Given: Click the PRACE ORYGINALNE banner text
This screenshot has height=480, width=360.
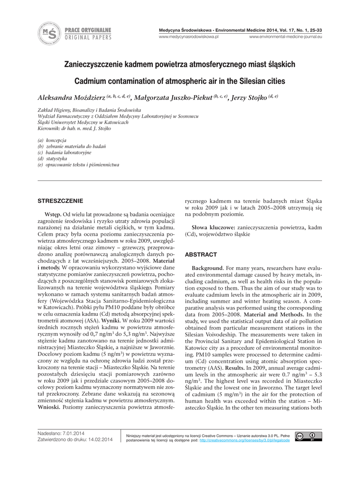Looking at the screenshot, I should click(x=88, y=30).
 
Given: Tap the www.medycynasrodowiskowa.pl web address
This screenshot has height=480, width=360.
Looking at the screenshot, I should click(x=189, y=37).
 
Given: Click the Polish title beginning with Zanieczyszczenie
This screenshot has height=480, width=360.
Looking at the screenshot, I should click(x=180, y=64).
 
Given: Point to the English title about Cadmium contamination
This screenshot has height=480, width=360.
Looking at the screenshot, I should click(x=180, y=81).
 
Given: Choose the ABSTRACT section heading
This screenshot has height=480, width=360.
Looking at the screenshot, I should click(x=201, y=255).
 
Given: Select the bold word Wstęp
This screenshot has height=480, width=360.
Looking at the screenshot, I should click(x=52, y=214).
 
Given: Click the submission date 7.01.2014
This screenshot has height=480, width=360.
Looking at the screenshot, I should click(x=74, y=433).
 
